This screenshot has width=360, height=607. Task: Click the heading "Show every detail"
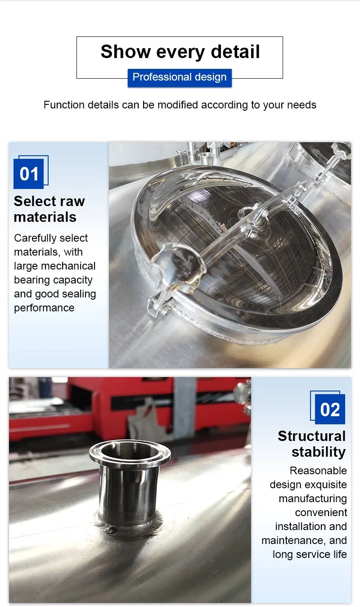point(180,51)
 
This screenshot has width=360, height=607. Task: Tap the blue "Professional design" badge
point(180,77)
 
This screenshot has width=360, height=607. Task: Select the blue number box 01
point(29,174)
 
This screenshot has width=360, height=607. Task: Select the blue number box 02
point(330,409)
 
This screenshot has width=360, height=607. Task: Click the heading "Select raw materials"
point(49,209)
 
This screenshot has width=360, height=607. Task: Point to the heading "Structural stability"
point(312,444)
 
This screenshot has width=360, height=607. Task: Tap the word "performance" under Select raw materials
point(44,308)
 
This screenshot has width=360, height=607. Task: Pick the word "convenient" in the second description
point(321,513)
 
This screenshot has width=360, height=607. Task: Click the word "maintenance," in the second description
point(294,540)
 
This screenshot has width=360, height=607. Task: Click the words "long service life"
point(310,554)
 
